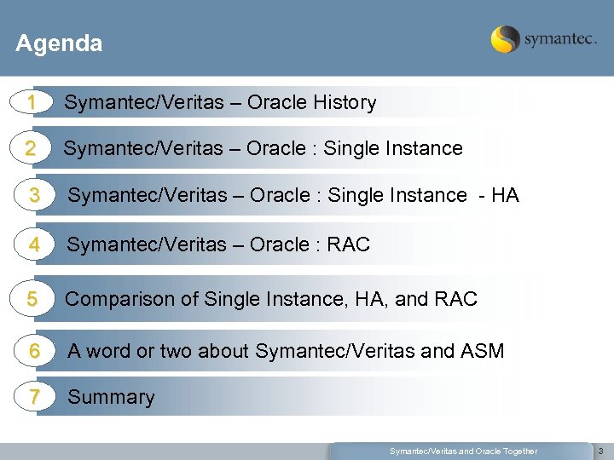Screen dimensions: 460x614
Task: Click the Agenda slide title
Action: (59, 43)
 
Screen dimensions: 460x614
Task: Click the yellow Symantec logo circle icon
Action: (505, 39)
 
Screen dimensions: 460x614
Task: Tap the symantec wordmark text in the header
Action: (559, 40)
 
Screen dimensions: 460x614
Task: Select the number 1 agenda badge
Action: (31, 102)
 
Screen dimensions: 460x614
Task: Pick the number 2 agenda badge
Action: (31, 148)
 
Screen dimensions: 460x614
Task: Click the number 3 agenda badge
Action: (34, 195)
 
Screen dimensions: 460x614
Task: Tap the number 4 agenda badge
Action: (34, 244)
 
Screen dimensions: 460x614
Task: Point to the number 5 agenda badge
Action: (32, 299)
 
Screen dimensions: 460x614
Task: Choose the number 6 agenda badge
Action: (34, 350)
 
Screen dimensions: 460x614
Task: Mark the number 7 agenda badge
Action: (34, 397)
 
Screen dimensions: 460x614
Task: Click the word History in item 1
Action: (345, 103)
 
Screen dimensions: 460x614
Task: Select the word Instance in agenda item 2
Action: (426, 149)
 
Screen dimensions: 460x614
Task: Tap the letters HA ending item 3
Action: (505, 195)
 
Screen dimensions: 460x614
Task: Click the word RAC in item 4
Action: (348, 245)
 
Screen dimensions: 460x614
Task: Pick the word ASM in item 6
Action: (483, 350)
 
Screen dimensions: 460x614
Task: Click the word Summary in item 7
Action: (111, 398)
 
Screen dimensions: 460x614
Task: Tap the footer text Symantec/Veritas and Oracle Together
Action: (463, 451)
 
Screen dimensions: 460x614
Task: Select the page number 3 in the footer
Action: (600, 451)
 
